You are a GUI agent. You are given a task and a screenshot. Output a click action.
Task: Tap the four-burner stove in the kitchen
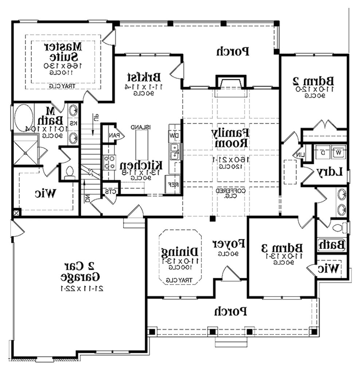click(109, 162)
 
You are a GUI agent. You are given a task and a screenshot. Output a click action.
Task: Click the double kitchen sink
click(175, 152)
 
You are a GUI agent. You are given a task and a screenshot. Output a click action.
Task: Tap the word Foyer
click(228, 243)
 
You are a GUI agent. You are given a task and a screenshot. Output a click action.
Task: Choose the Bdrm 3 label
click(283, 248)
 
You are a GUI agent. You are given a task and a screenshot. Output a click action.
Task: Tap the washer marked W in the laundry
click(339, 152)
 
